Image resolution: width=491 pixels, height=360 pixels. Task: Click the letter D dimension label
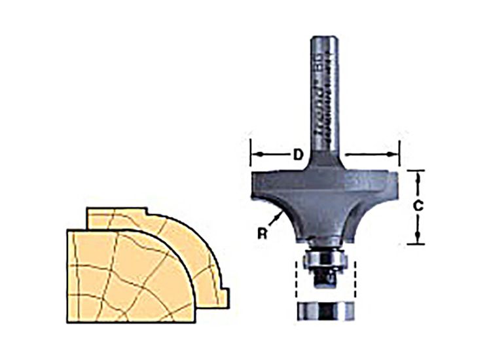(x=297, y=155)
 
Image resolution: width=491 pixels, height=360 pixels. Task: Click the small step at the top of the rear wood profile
(x=148, y=212)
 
